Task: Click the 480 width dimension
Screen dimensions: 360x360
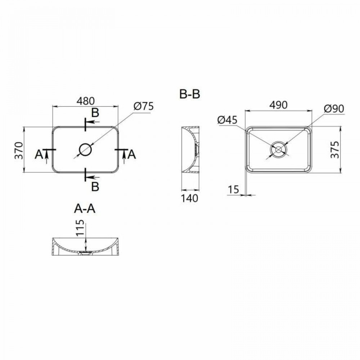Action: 85,100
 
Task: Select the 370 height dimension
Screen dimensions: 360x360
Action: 19,150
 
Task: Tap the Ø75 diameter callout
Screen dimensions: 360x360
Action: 143,107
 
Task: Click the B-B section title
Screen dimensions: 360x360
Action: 190,94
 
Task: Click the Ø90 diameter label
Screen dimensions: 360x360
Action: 334,108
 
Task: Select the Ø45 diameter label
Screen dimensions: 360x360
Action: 228,120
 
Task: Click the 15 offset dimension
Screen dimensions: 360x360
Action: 234,189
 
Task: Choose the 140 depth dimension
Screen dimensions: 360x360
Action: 190,198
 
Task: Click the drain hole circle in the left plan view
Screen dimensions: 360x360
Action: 86,149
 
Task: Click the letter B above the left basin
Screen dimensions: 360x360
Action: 95,113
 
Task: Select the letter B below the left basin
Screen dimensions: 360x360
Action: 95,186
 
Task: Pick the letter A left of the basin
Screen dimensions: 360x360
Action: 39,154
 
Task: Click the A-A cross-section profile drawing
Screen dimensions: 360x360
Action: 86,247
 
